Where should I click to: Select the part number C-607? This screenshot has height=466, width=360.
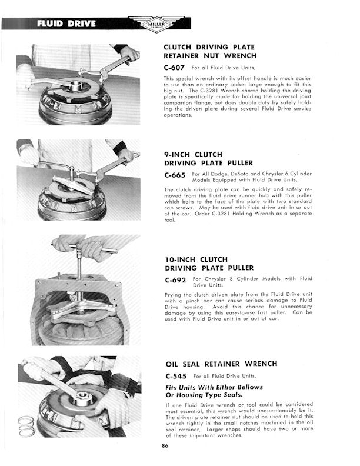click(175, 68)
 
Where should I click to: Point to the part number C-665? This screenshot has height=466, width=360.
click(175, 175)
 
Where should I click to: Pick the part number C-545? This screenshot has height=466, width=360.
click(175, 376)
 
